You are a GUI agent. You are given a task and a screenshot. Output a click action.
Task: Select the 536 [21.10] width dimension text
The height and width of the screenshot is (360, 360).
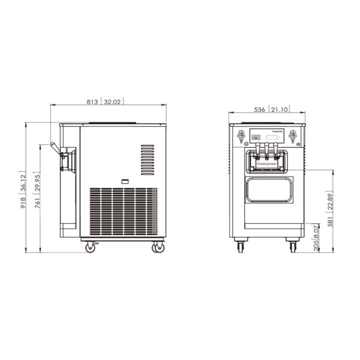pos(268,110)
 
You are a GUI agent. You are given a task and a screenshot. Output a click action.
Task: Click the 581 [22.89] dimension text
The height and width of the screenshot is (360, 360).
pos(329,210)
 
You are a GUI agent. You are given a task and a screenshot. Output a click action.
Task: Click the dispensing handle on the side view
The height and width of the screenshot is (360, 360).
pos(55,148)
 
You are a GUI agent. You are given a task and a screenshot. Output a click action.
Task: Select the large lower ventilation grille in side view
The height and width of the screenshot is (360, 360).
pos(124,212)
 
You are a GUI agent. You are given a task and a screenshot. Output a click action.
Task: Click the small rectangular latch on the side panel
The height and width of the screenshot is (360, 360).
pos(125,180)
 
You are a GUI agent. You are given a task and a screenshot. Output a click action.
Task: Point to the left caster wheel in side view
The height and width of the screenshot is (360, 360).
pos(90,247)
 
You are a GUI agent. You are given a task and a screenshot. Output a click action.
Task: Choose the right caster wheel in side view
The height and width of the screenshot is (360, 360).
pos(158,247)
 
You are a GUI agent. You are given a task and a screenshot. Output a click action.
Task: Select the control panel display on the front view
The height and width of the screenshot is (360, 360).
pos(273,137)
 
